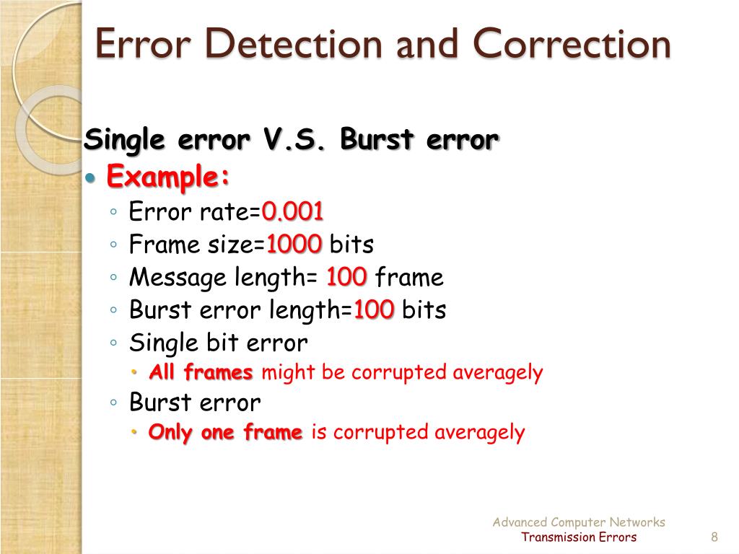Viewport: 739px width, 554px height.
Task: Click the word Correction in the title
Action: pos(572,45)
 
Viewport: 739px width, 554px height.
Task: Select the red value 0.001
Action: pos(293,212)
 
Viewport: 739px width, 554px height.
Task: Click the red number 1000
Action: pos(294,245)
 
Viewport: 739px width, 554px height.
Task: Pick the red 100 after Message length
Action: pos(346,277)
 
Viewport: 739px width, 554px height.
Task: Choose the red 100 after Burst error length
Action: pos(373,310)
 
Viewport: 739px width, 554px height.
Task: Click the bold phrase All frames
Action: pos(201,372)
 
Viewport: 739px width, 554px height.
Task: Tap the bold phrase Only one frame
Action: pos(225,432)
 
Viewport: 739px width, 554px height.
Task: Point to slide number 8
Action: pos(714,537)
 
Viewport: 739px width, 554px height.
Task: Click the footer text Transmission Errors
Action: pos(579,537)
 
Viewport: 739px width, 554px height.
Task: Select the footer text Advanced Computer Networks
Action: pos(579,522)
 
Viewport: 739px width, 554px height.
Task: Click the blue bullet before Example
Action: pos(90,177)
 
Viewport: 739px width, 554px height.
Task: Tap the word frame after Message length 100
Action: pos(409,277)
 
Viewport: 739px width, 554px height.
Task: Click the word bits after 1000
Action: pos(351,245)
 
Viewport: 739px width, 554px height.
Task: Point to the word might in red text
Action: pos(281,372)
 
